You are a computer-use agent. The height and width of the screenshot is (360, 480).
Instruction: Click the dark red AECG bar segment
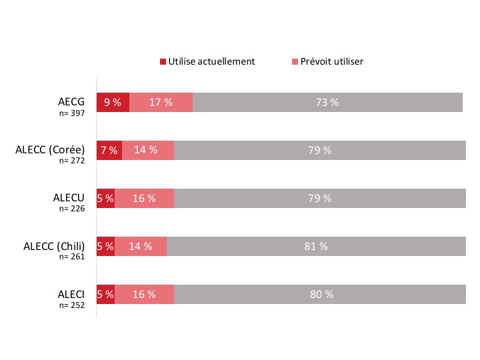pyautogui.click(x=113, y=102)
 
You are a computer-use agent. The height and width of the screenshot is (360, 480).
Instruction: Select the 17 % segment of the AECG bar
pyautogui.click(x=161, y=102)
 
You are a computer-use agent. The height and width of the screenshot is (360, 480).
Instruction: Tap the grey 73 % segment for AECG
pyautogui.click(x=327, y=102)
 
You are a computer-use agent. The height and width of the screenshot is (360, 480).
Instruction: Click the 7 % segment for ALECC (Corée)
pyautogui.click(x=109, y=150)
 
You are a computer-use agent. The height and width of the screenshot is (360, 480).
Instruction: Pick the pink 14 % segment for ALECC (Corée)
pyautogui.click(x=148, y=150)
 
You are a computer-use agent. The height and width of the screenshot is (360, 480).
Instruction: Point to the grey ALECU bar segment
pyautogui.click(x=320, y=198)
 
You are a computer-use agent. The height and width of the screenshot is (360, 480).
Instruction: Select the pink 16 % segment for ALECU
pyautogui.click(x=144, y=198)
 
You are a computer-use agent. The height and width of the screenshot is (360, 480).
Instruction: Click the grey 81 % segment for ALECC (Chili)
pyautogui.click(x=316, y=246)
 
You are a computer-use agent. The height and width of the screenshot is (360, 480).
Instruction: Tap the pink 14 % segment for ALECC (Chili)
pyautogui.click(x=141, y=246)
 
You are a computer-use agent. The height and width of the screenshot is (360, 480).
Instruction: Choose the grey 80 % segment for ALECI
pyautogui.click(x=320, y=294)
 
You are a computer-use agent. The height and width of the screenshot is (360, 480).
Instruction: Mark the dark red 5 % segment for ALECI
pyautogui.click(x=105, y=294)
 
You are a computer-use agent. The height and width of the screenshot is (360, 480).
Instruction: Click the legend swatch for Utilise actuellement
pyautogui.click(x=163, y=61)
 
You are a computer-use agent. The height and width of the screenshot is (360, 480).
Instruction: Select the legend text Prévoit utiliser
pyautogui.click(x=332, y=61)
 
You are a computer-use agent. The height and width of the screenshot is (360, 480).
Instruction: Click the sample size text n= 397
pyautogui.click(x=72, y=113)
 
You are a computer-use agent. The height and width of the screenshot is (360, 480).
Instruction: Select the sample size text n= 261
pyautogui.click(x=72, y=257)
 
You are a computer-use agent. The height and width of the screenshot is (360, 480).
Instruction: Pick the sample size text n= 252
pyautogui.click(x=72, y=305)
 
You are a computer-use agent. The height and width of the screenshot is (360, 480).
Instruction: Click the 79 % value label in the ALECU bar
pyautogui.click(x=320, y=198)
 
